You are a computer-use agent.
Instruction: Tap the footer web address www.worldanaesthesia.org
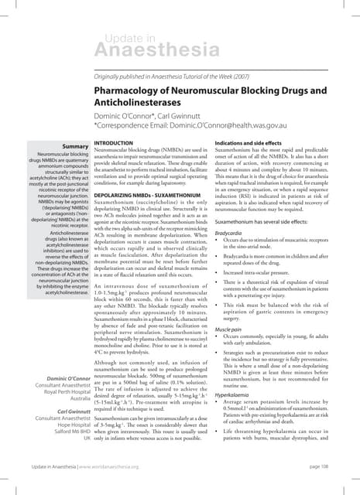[x=105, y=467]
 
